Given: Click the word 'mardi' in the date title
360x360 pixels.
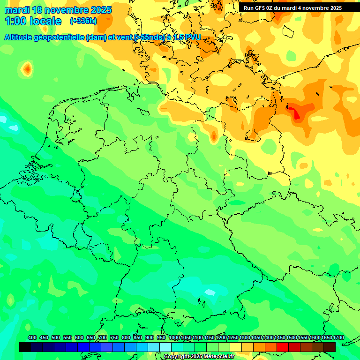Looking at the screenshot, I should click(x=16, y=10).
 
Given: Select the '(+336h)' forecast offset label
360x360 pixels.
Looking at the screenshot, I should click(x=83, y=21).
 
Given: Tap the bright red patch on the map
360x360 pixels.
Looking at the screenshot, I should click(x=294, y=113).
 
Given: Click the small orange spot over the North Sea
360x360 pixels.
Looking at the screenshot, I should click(x=28, y=69).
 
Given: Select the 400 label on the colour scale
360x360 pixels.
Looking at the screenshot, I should click(x=32, y=337).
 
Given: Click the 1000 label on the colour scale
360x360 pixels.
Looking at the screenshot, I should click(x=174, y=337).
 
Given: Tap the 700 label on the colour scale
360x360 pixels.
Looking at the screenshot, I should click(x=103, y=337).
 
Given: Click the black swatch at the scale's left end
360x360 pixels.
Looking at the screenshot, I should click(x=25, y=347).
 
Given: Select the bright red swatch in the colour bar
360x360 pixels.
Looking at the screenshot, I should click(x=283, y=347).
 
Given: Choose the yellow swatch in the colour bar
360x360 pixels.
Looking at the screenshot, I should click(x=236, y=347).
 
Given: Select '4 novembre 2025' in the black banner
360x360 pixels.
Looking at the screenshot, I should click(x=321, y=8).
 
